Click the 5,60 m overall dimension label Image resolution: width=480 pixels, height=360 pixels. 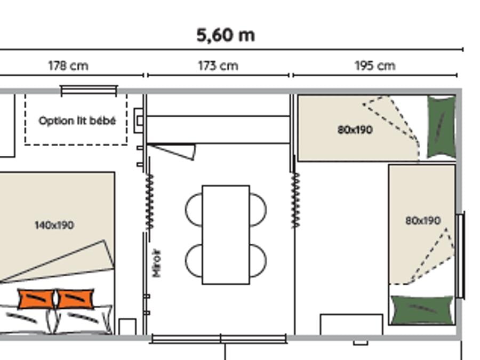226,35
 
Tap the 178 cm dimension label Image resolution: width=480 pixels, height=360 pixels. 68,66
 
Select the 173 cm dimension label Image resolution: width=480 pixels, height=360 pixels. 218,66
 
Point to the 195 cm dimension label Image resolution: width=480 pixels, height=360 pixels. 375,66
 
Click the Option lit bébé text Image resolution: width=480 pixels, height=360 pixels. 77,121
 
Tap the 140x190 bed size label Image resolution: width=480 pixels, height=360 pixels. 54,225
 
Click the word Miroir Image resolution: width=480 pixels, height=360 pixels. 156,263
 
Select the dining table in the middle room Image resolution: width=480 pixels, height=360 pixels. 226,235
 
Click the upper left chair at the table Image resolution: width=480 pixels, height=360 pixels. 194,210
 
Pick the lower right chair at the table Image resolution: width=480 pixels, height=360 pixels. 258,261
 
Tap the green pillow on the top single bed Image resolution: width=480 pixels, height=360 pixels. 441,127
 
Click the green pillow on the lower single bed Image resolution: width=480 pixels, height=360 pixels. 422,310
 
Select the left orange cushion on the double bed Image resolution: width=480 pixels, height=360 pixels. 37,299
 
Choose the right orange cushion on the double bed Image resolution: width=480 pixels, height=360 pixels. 75,299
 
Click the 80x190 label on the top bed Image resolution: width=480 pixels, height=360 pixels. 355,130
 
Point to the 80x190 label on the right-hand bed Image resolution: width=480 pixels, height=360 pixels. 423,220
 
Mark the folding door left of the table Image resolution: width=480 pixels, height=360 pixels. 150,202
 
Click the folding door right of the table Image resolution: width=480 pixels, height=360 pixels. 295,200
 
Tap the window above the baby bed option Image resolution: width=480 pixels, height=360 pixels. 89,91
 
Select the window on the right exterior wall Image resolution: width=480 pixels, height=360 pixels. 460,255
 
